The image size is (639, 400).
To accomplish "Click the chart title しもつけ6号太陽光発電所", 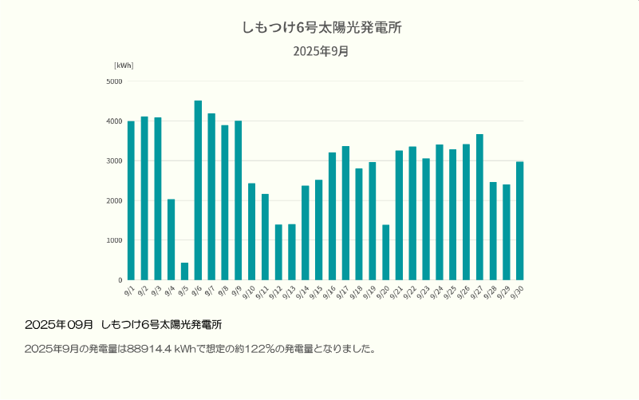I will [321, 28].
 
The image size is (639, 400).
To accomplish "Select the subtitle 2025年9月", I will [321, 52].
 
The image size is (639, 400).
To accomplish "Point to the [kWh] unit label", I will [124, 65].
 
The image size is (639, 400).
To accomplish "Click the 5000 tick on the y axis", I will [114, 81].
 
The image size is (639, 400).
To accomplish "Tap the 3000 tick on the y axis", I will [114, 160].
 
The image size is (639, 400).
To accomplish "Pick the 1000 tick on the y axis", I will [114, 240].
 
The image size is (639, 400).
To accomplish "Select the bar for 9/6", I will [198, 190].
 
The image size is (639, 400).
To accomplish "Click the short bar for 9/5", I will [184, 271].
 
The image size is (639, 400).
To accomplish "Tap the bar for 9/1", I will [131, 200].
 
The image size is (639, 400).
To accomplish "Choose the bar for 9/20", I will [386, 252].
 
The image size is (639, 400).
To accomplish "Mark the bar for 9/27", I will [479, 207].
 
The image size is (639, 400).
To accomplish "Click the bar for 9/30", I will [520, 220].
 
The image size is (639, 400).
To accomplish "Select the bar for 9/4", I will [171, 240].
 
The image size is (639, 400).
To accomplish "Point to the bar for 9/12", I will [278, 252].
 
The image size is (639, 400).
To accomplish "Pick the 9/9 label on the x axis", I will [238, 291].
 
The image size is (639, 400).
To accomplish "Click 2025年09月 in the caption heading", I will [59, 325].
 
